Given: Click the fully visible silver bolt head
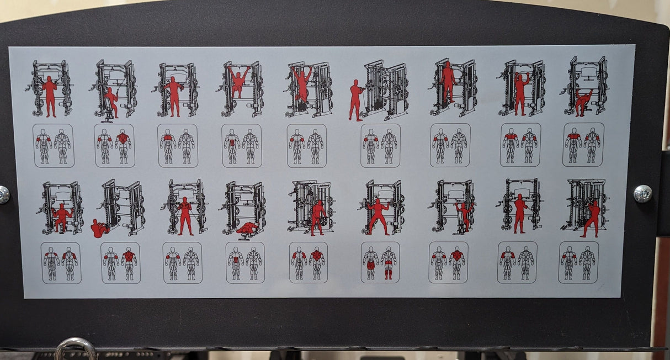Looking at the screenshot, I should point(642,194).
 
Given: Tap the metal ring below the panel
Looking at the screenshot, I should point(75,350).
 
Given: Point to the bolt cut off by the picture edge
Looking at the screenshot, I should point(3,194).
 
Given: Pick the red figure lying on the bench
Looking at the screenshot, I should point(247,227).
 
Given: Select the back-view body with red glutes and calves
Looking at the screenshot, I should point(389,263).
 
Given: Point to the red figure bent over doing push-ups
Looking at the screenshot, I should point(582,102).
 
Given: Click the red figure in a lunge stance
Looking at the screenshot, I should point(592,219).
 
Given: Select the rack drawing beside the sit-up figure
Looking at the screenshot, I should point(124,207).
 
